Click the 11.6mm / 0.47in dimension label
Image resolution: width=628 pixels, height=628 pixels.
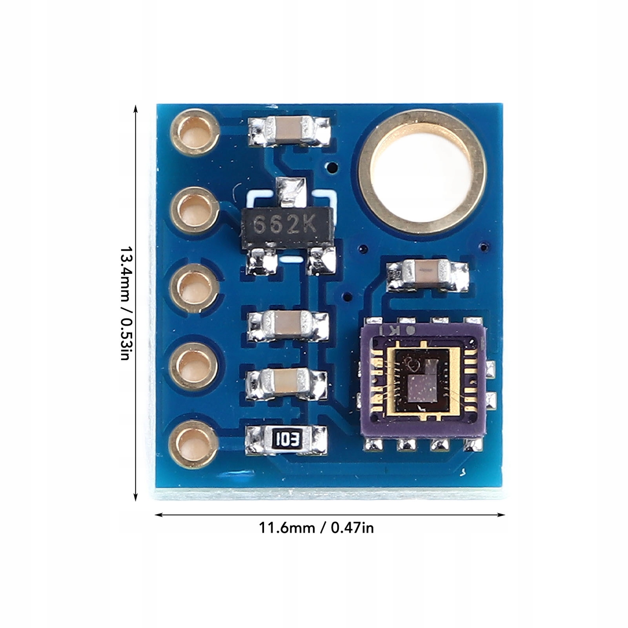tap(316, 528)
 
